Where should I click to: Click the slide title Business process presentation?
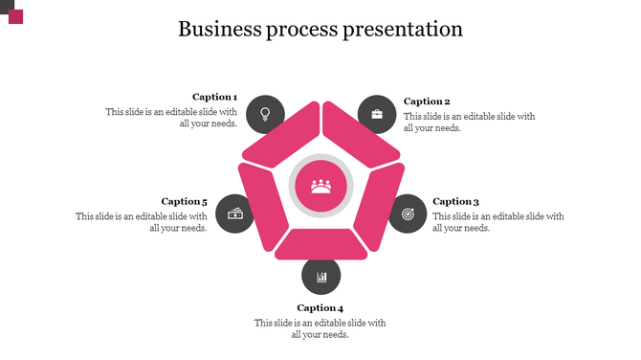pyautogui.click(x=320, y=29)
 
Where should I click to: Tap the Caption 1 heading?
pyautogui.click(x=214, y=97)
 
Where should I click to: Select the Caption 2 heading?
pyautogui.click(x=427, y=101)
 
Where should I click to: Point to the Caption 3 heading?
pyautogui.click(x=455, y=201)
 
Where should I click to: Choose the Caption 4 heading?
pyautogui.click(x=320, y=307)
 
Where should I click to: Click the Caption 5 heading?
pyautogui.click(x=184, y=201)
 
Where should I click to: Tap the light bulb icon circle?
pyautogui.click(x=265, y=114)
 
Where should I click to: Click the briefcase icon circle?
pyautogui.click(x=377, y=114)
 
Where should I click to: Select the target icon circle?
pyautogui.click(x=408, y=213)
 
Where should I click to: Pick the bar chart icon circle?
pyautogui.click(x=321, y=277)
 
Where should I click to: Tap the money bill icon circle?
pyautogui.click(x=234, y=213)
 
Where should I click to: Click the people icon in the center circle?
pyautogui.click(x=321, y=185)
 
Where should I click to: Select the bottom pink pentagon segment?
pyautogui.click(x=321, y=244)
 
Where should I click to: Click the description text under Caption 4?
pyautogui.click(x=320, y=328)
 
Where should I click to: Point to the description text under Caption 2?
pyautogui.click(x=469, y=122)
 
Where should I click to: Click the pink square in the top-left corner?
pyautogui.click(x=15, y=16)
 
